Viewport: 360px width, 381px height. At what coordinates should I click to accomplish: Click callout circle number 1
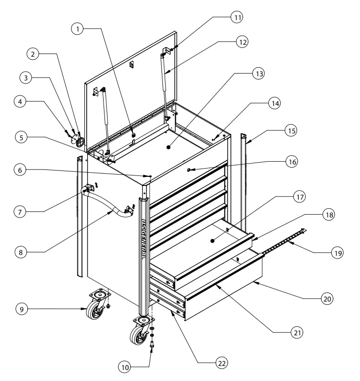point(78,28)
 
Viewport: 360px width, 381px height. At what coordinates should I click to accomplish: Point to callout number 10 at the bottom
point(124,366)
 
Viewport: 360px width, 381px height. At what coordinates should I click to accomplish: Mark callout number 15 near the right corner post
point(291,131)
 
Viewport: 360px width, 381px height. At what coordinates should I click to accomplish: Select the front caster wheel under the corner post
point(139,333)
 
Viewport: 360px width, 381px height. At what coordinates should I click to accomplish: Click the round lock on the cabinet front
point(189,170)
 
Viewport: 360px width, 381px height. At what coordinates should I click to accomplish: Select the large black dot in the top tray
point(168,148)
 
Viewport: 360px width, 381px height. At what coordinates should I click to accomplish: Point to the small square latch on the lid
point(131,64)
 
